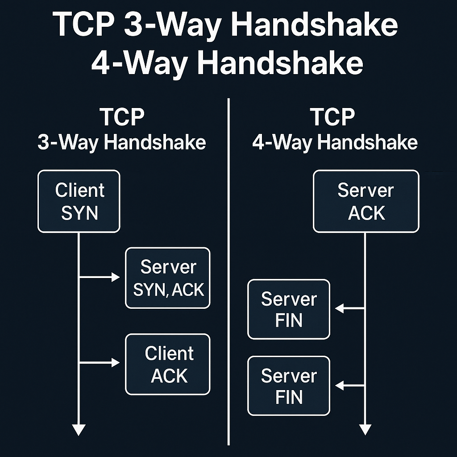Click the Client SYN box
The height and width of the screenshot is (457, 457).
point(79,201)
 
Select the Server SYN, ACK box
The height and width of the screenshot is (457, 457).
point(168,278)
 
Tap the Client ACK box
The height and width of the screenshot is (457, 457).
point(168,364)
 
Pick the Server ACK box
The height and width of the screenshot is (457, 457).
point(366,201)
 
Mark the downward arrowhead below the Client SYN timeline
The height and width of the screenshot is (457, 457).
point(79,429)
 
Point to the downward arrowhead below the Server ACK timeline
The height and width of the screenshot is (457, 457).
point(365,429)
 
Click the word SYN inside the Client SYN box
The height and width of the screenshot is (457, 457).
point(79,213)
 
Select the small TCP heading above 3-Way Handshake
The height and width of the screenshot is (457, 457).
point(122,117)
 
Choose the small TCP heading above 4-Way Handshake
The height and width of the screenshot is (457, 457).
point(332,117)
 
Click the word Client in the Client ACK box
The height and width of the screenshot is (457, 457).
point(169,353)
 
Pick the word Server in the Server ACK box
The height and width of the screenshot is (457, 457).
point(366,191)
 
